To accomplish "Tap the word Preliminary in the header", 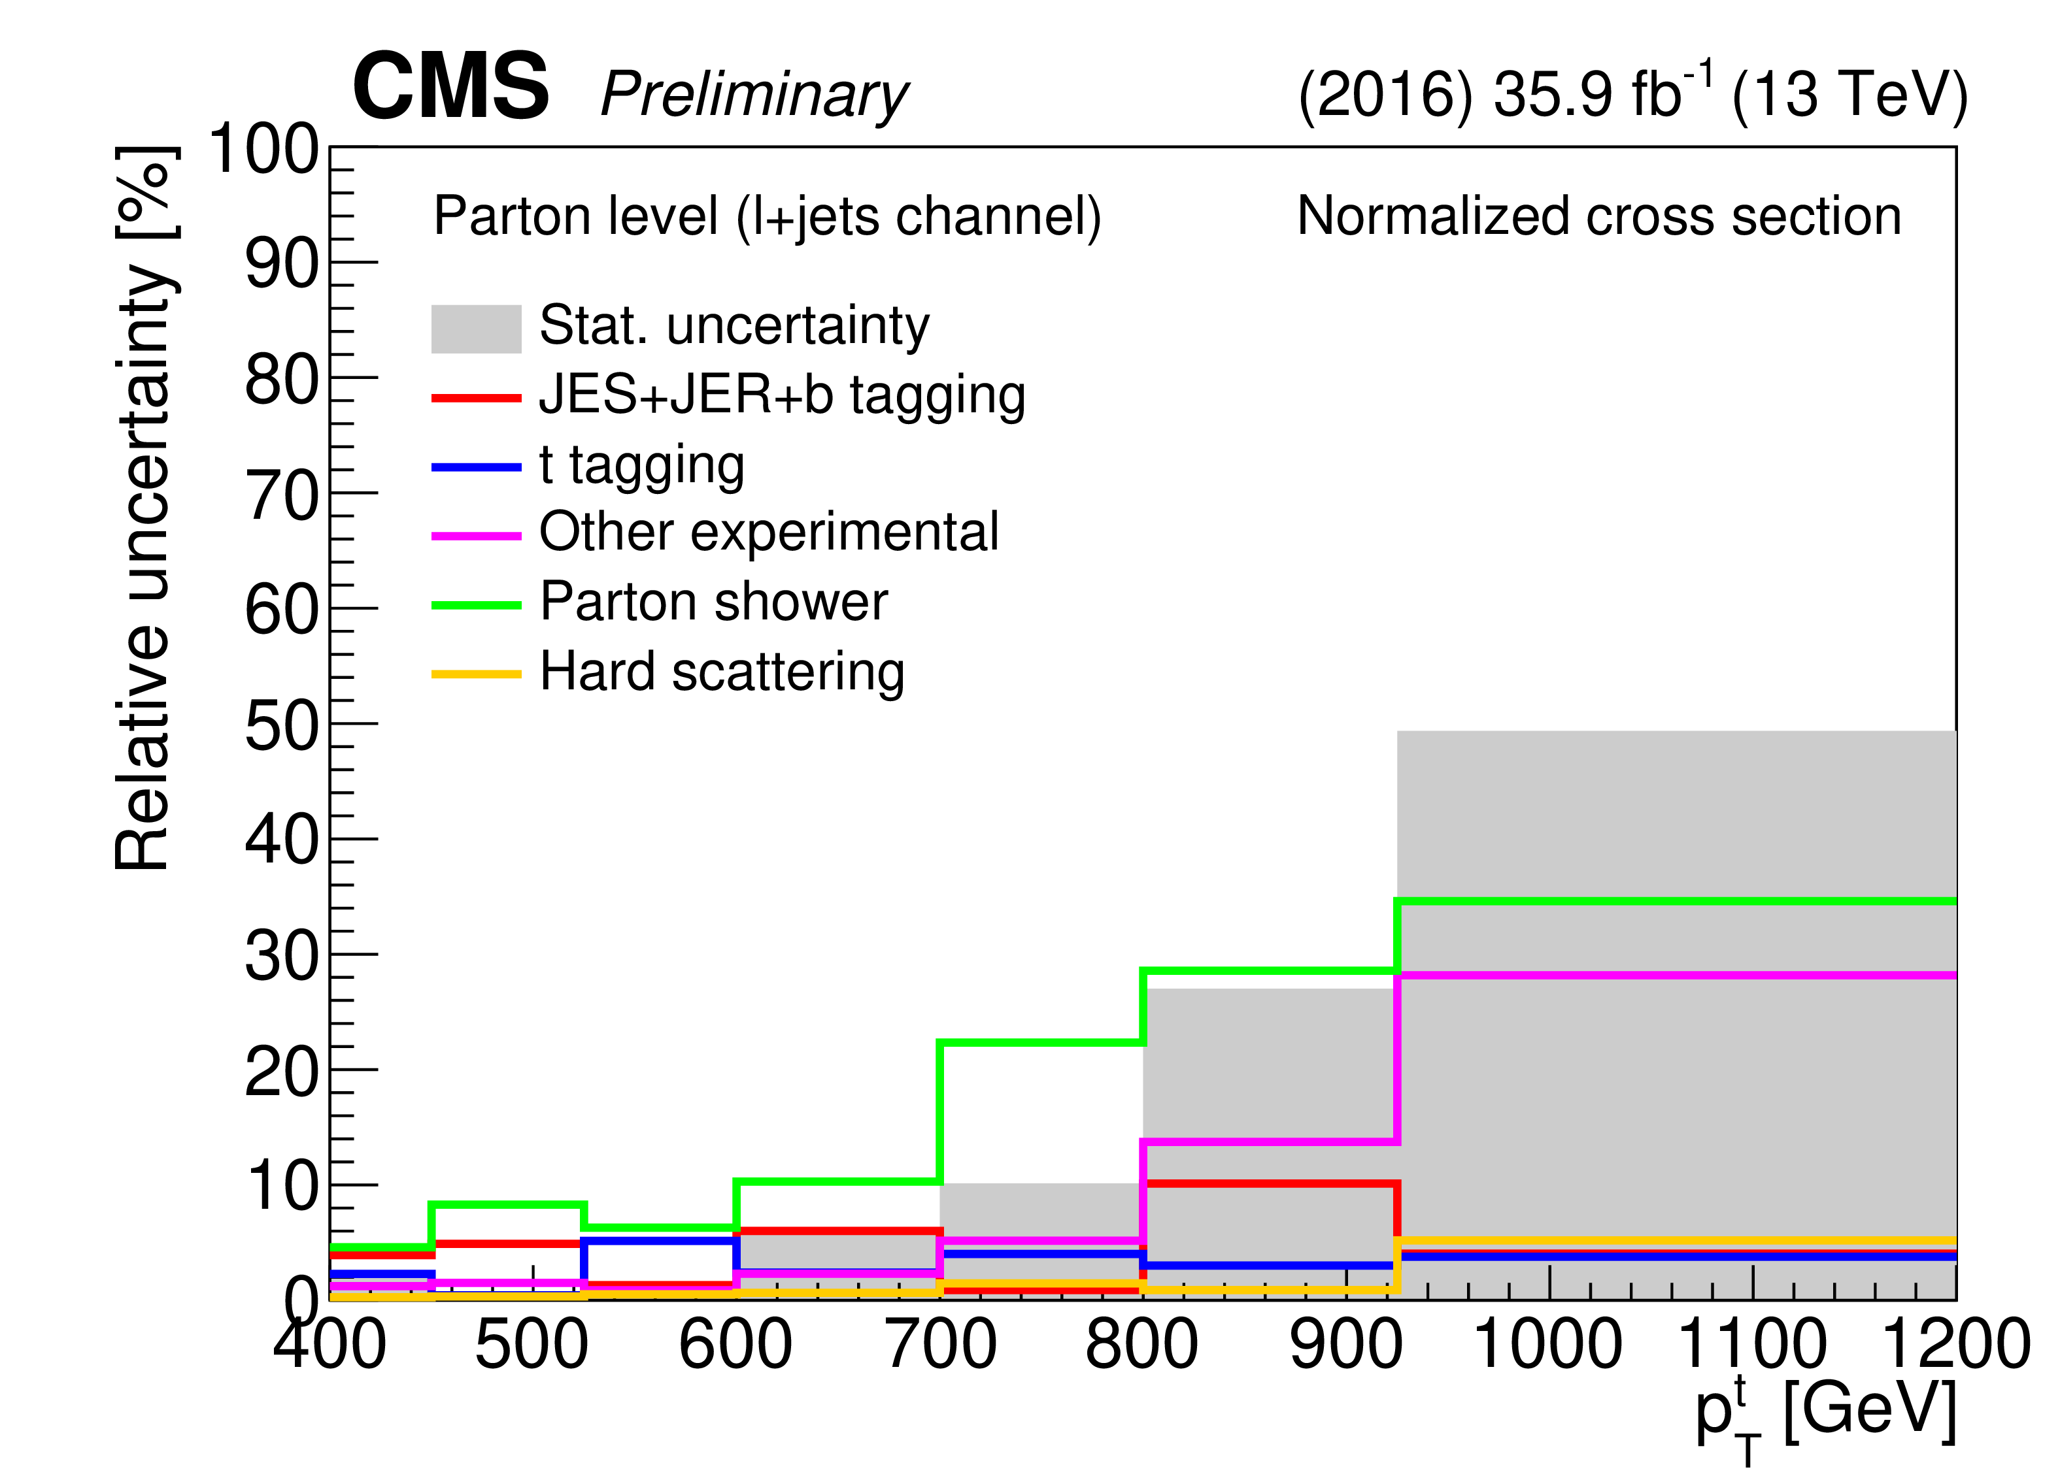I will pyautogui.click(x=754, y=95).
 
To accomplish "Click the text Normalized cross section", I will pyautogui.click(x=1598, y=216).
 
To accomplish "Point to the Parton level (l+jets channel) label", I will pyautogui.click(x=768, y=216).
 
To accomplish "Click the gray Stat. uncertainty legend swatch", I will pyautogui.click(x=476, y=329).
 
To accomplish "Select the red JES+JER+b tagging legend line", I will pyautogui.click(x=476, y=398).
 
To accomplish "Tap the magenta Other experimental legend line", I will pyautogui.click(x=476, y=536).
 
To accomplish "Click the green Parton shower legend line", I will pyautogui.click(x=476, y=604).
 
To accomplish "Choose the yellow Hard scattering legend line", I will pyautogui.click(x=476, y=674).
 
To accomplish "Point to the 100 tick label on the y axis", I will pyautogui.click(x=263, y=150).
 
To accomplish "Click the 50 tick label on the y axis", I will pyautogui.click(x=282, y=727).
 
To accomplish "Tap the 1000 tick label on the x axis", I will pyautogui.click(x=1547, y=1345).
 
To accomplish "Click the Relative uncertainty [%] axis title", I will pyautogui.click(x=144, y=508).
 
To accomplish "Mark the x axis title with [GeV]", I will pyautogui.click(x=1826, y=1412).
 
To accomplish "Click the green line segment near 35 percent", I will pyautogui.click(x=1676, y=902).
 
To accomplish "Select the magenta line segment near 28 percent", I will pyautogui.click(x=1676, y=976).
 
